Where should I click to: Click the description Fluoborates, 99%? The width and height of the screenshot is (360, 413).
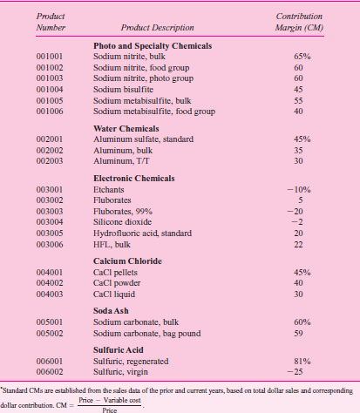[121, 210]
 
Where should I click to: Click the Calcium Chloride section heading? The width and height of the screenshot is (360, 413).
[129, 261]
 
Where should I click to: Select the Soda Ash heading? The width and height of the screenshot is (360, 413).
[112, 311]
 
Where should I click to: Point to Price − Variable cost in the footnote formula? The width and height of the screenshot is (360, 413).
[109, 400]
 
